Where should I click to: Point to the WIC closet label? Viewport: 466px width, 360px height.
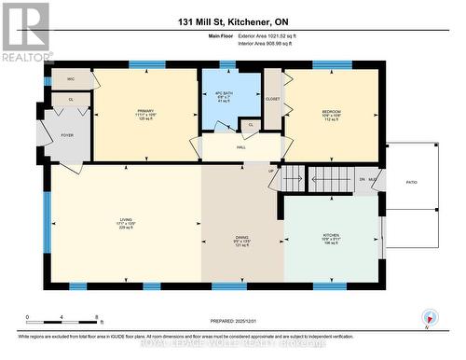click(70, 80)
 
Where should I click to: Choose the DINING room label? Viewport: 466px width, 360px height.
click(241, 238)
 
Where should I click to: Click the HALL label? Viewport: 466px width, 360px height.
click(240, 147)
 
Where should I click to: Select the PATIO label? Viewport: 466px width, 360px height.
click(411, 183)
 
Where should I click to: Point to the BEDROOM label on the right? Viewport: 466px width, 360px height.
click(333, 111)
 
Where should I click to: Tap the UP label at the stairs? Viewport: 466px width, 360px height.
click(272, 171)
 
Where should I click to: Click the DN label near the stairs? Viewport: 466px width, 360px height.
click(363, 179)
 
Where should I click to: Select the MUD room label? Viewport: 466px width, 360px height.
click(373, 179)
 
